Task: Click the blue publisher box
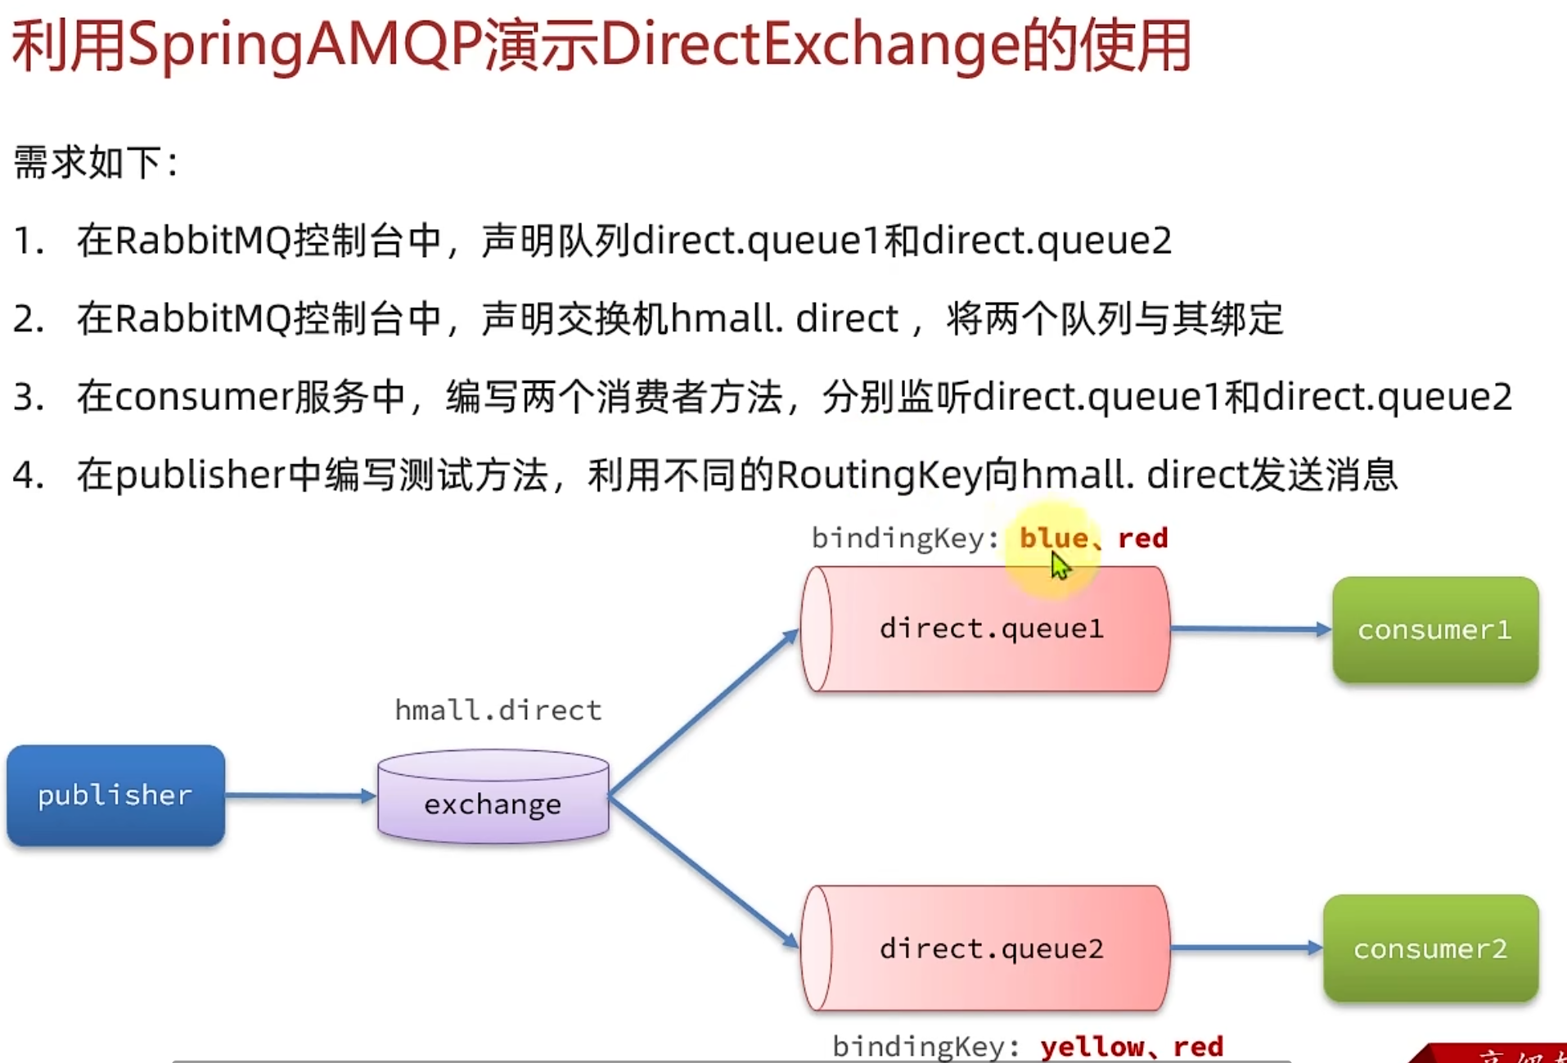pyautogui.click(x=115, y=795)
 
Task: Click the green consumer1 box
pyautogui.click(x=1434, y=629)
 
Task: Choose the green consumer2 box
pyautogui.click(x=1430, y=948)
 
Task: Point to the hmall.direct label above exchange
pyautogui.click(x=498, y=709)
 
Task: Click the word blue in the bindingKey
pyautogui.click(x=1053, y=538)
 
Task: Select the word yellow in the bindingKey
pyautogui.click(x=1092, y=1046)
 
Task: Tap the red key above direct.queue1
pyautogui.click(x=1143, y=538)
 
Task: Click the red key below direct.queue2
pyautogui.click(x=1198, y=1046)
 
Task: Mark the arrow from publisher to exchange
pyautogui.click(x=299, y=795)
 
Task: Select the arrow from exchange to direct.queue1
pyautogui.click(x=704, y=712)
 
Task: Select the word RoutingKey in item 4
pyautogui.click(x=877, y=475)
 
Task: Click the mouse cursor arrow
pyautogui.click(x=1060, y=565)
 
